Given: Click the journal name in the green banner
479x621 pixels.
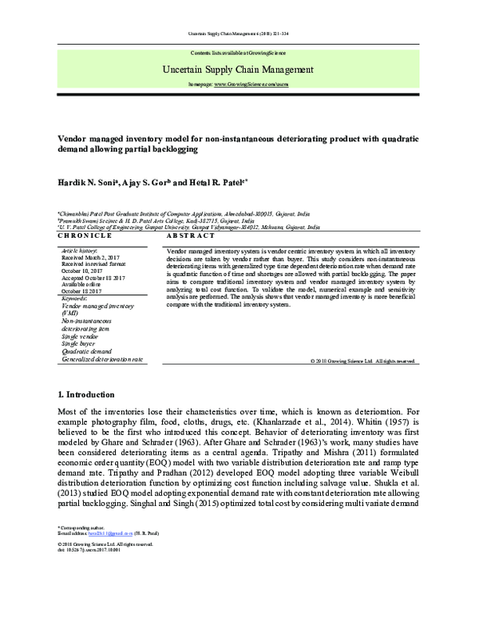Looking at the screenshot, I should click(x=239, y=70).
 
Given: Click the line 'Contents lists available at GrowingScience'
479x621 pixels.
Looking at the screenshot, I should click(x=239, y=52).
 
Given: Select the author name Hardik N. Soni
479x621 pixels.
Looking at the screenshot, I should click(x=89, y=182).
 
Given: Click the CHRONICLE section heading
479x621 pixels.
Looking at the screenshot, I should click(x=85, y=236).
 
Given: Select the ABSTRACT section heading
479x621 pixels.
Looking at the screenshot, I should click(x=190, y=236).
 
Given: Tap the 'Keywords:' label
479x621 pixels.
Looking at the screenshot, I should click(x=77, y=298).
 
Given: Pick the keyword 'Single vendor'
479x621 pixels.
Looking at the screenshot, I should click(x=81, y=336).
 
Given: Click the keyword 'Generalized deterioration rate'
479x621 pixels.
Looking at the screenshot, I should click(x=102, y=360).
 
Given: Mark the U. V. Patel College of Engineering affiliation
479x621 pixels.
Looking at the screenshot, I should click(x=192, y=227).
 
